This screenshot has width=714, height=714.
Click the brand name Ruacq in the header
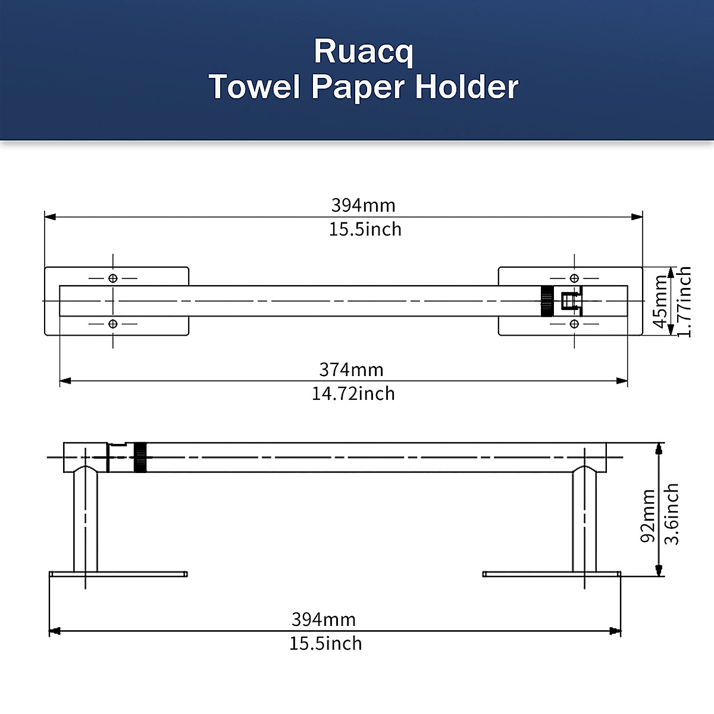pos(363,52)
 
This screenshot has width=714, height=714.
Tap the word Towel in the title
pos(254,87)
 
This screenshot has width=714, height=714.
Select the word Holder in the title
pos(467,87)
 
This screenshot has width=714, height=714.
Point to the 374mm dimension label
pos(351,369)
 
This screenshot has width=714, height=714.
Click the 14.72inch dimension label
pos(353,393)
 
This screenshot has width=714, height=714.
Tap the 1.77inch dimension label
pos(684,302)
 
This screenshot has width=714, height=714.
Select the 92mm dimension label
pos(648,516)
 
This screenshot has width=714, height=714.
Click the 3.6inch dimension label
pos(671,514)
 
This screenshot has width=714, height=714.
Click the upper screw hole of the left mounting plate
pos(113,278)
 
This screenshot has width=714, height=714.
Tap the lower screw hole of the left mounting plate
pos(113,324)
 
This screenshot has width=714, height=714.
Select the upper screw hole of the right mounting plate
pos(574,278)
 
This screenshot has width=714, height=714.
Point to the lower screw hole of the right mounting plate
pos(574,324)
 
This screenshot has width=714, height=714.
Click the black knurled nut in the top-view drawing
pos(547,301)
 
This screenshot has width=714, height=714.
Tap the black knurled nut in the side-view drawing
pos(140,457)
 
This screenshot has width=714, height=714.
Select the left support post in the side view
pos(86,521)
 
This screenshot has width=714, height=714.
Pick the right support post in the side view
pos(584,521)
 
